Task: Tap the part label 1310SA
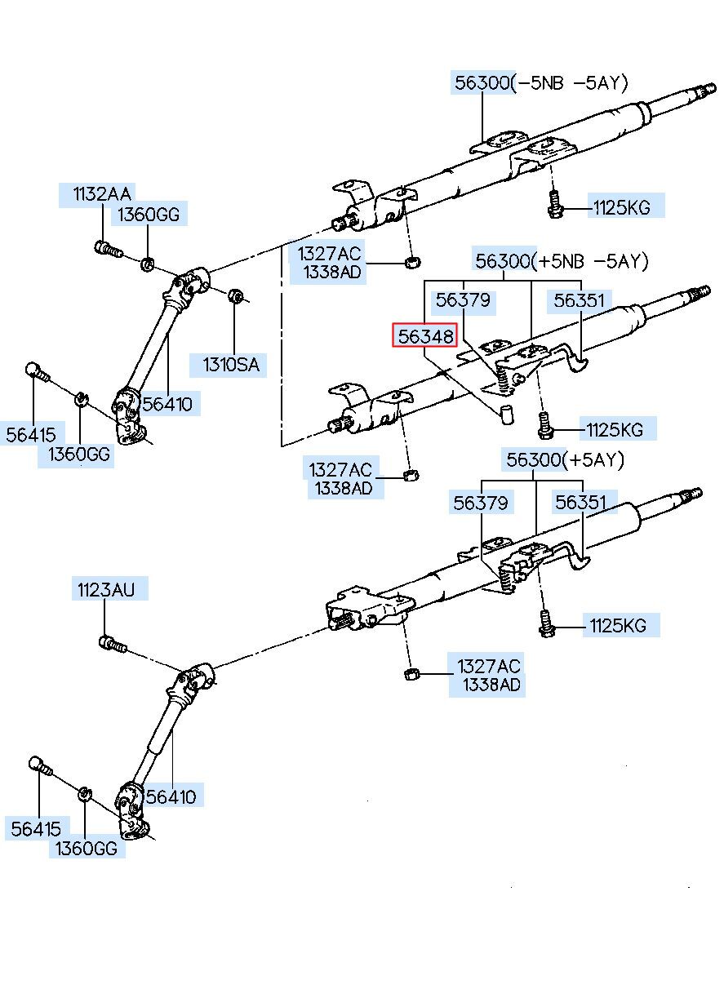[x=231, y=365]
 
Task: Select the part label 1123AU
[x=106, y=589]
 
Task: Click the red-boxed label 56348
[x=425, y=336]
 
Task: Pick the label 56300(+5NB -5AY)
[x=562, y=261]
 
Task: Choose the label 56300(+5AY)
[x=565, y=459]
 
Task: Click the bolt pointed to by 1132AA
[x=109, y=249]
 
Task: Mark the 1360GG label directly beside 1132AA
[x=149, y=214]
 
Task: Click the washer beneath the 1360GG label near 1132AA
[x=147, y=264]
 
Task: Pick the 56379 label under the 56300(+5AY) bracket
[x=481, y=503]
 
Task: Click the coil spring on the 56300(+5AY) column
[x=507, y=579]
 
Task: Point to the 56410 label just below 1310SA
[x=167, y=404]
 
